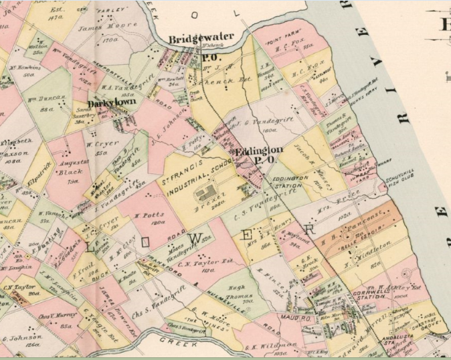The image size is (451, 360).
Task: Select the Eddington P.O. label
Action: click(x=258, y=155)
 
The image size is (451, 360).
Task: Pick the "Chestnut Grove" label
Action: click(x=423, y=324)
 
